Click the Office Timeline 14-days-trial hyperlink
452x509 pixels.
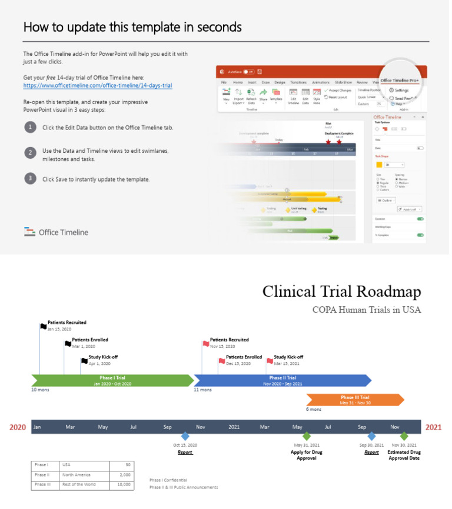point(98,85)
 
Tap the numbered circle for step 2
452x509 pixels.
point(29,152)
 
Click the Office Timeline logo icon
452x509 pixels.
point(30,232)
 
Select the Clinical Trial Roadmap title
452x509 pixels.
point(341,292)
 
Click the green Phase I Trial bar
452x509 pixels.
point(112,380)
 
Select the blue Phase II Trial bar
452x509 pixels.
point(282,380)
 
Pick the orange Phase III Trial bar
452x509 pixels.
point(355,400)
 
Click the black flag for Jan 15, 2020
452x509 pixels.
point(43,326)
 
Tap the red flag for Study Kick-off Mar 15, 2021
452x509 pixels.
point(270,360)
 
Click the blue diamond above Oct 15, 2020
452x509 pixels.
point(185,436)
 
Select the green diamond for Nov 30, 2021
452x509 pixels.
point(404,436)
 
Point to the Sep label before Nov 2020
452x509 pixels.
point(167,427)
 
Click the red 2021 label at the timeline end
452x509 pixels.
point(433,427)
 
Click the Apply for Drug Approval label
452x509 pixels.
point(306,455)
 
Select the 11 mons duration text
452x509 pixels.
point(202,390)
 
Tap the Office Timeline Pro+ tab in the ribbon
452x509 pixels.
point(400,81)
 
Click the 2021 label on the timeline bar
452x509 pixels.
point(234,427)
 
